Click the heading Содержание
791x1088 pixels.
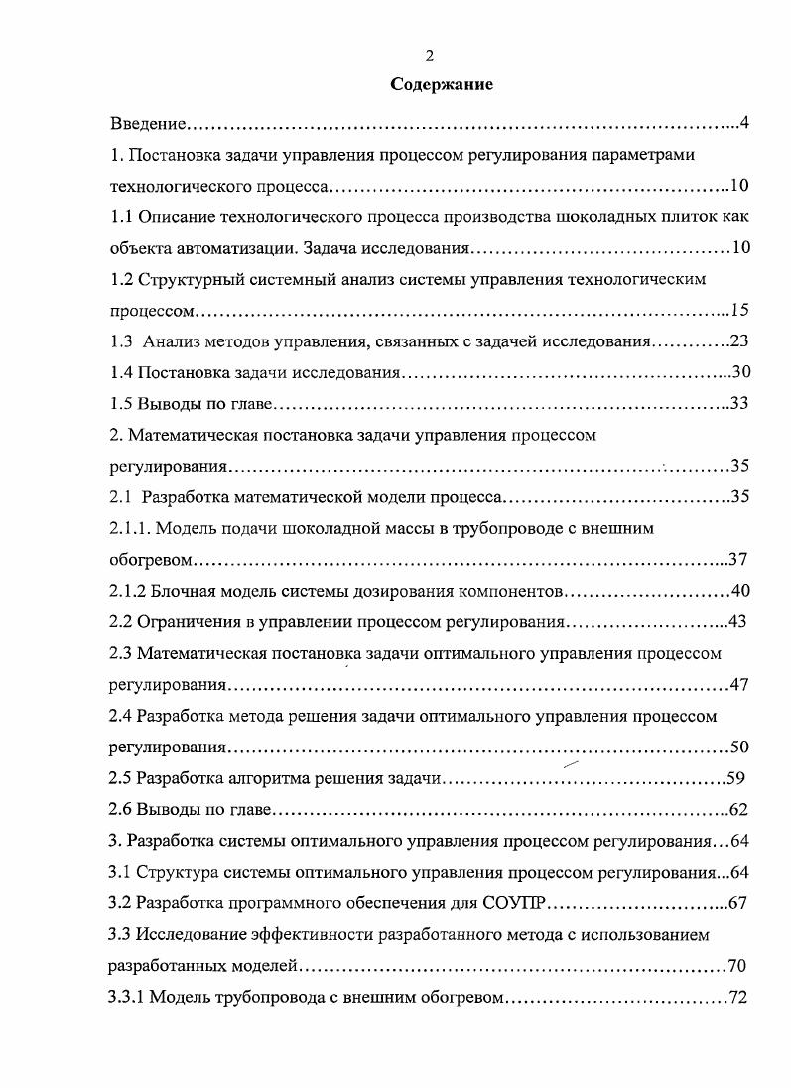click(442, 85)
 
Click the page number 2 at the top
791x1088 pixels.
click(429, 56)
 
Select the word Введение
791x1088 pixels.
click(148, 124)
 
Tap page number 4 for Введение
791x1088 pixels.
click(743, 124)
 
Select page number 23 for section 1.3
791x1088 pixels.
click(739, 341)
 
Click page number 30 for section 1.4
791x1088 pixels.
click(739, 373)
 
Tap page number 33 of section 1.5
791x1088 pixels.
click(739, 404)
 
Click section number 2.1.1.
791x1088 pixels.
click(130, 529)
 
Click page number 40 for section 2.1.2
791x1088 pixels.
click(740, 592)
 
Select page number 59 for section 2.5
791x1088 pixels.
click(735, 778)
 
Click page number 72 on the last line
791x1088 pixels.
click(737, 997)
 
